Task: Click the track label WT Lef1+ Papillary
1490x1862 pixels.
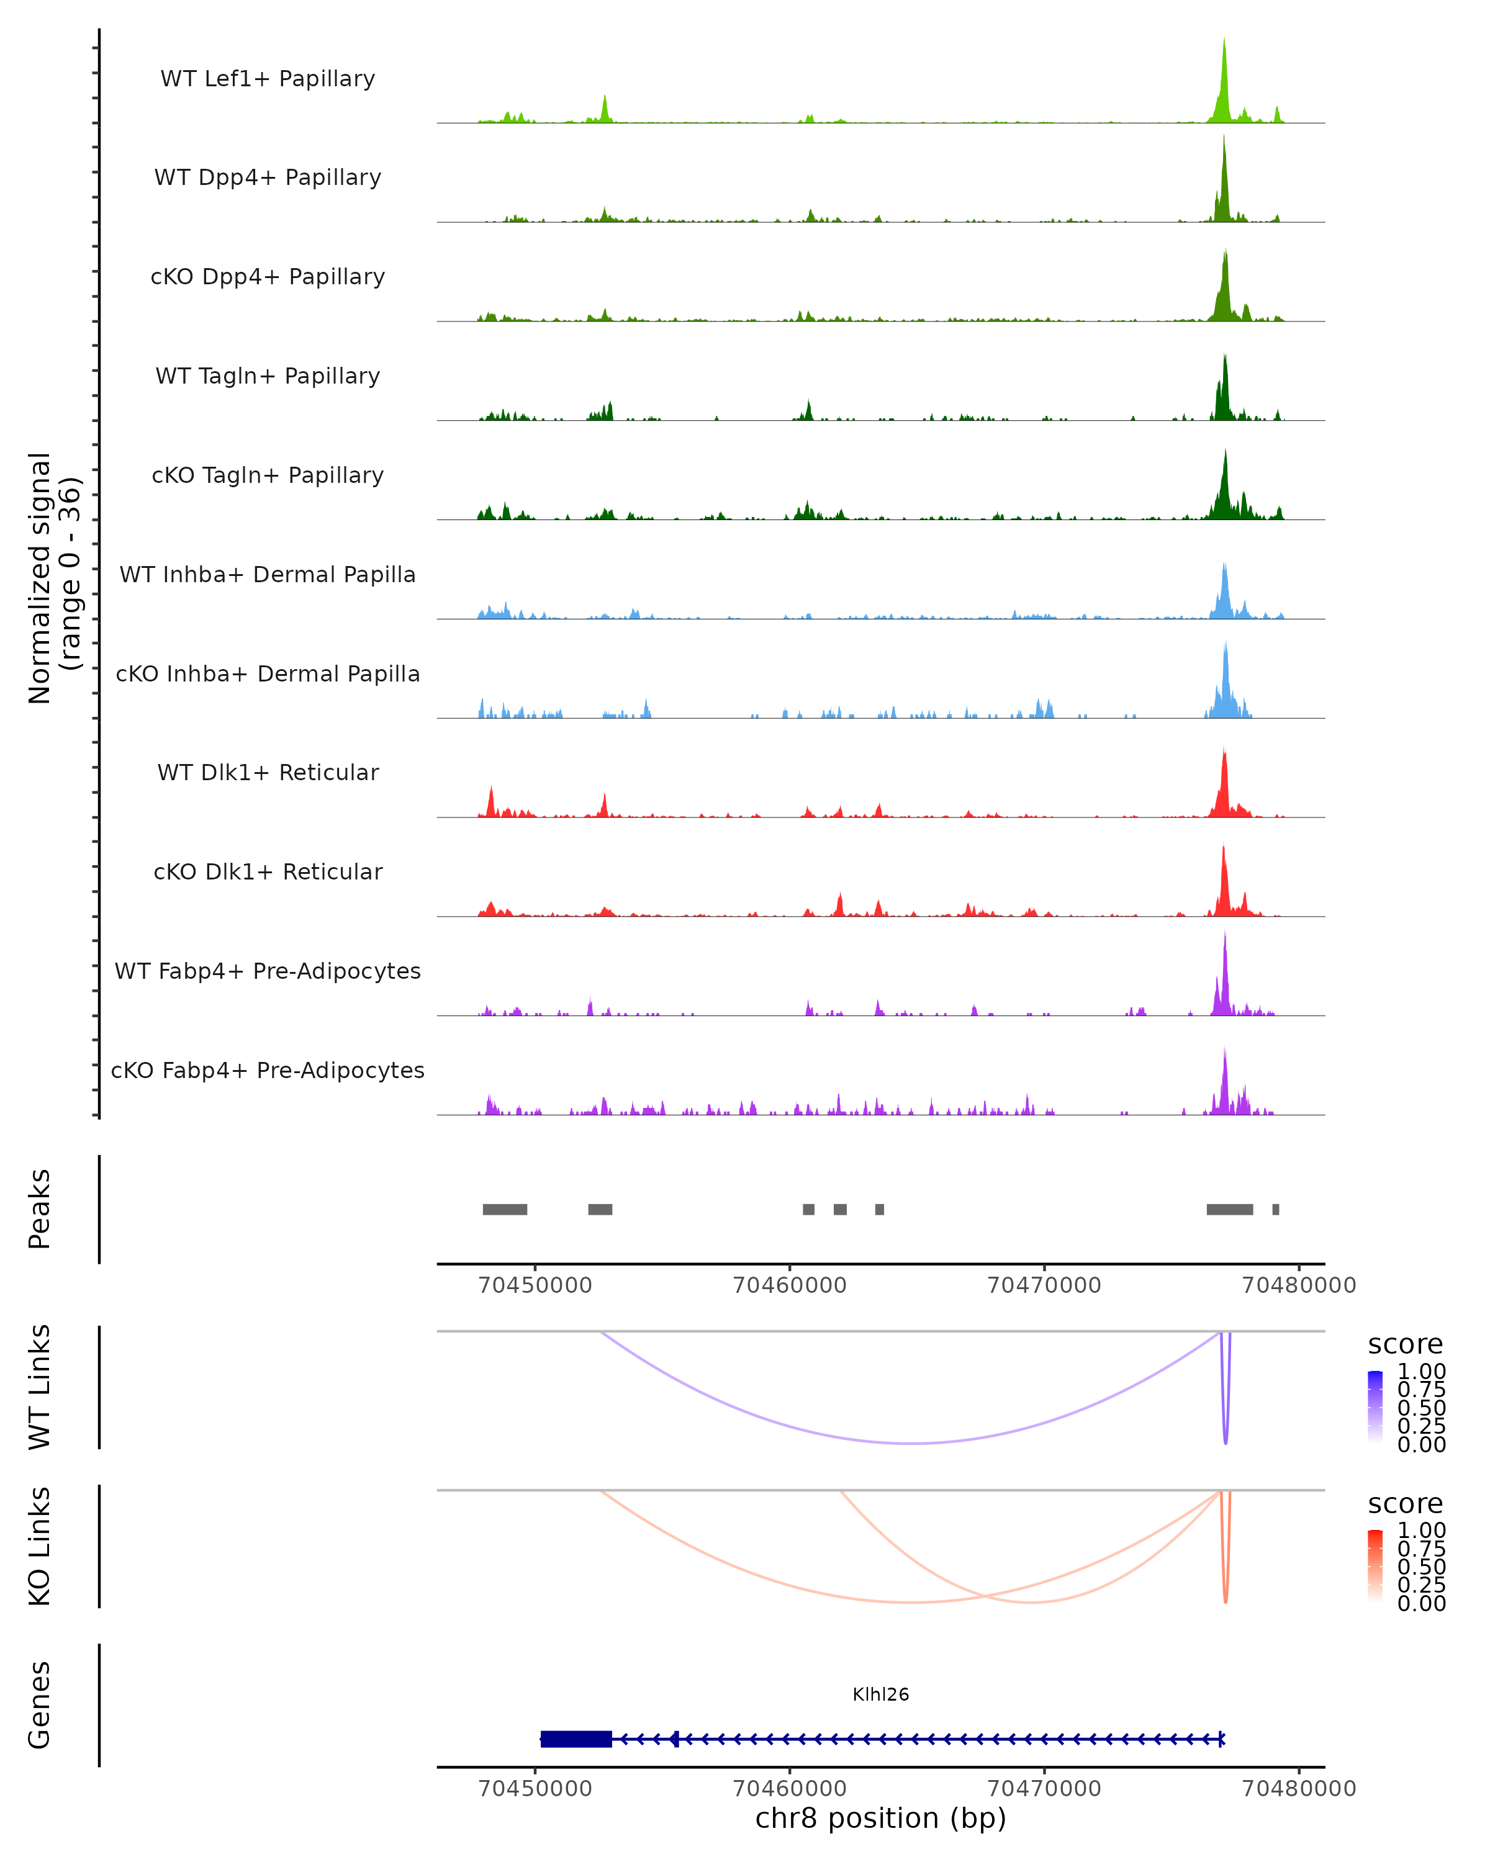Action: [268, 79]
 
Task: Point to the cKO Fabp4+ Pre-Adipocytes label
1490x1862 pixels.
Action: [268, 1070]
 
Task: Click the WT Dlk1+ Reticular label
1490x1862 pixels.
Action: [268, 772]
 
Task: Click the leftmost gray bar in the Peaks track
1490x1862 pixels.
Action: [505, 1209]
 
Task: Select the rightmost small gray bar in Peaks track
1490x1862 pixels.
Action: [1276, 1209]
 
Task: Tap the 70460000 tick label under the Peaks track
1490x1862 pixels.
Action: [790, 1285]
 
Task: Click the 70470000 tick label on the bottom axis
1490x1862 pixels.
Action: [1044, 1789]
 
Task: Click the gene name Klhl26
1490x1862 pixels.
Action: [880, 1694]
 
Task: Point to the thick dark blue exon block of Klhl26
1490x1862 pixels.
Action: [576, 1739]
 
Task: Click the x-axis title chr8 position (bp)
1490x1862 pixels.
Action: [880, 1819]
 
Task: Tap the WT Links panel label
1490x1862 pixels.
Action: [40, 1387]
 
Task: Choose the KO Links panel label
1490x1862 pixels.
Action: [40, 1546]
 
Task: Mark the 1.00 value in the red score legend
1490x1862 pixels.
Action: [1421, 1531]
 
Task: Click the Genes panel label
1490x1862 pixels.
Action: [40, 1705]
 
